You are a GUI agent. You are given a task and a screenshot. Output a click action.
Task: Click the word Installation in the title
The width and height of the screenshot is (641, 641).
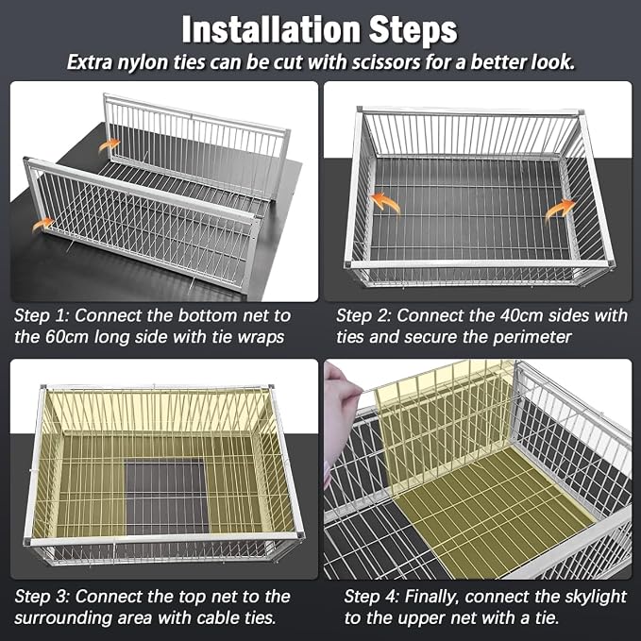coord(272,29)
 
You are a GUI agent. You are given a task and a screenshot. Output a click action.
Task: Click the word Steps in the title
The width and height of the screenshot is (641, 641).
coord(413,30)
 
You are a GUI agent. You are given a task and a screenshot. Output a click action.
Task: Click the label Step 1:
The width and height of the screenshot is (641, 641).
coord(42,315)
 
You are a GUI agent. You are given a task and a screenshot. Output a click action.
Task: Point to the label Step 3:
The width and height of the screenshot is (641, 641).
coord(42,597)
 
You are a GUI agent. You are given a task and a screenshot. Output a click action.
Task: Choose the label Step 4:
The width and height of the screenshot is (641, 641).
coord(372,597)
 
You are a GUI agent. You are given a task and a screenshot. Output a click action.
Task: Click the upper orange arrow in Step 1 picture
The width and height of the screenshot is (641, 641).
coord(110,144)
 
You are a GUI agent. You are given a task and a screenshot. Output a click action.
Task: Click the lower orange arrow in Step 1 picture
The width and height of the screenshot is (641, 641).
coord(43,224)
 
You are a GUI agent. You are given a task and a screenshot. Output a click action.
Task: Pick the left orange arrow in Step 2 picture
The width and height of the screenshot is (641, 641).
coord(385,202)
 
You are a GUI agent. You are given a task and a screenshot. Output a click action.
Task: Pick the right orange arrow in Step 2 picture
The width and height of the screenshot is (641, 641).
coord(561,210)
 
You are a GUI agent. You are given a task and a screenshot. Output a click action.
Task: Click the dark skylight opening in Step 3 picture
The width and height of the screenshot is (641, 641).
coord(166,497)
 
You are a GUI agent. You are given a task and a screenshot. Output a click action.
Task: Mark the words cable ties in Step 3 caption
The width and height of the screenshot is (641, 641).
coord(236,618)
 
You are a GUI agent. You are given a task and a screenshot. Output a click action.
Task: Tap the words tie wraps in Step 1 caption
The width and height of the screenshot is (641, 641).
coord(247,338)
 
